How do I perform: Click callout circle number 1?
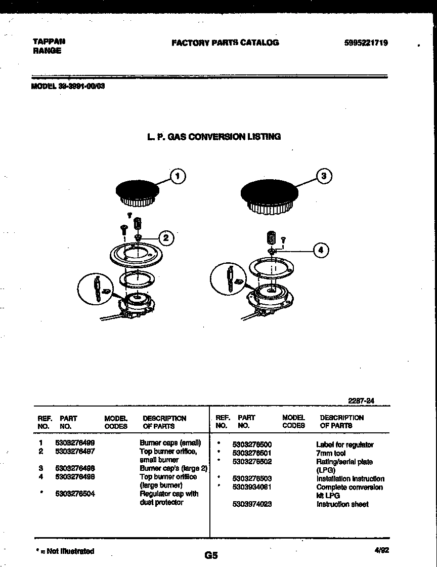tap(177, 176)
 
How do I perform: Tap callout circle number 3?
tap(324, 176)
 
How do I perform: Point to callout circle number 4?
tap(320, 250)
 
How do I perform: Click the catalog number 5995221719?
tap(366, 43)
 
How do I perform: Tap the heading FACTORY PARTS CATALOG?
tap(225, 43)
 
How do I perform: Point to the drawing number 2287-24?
tap(361, 400)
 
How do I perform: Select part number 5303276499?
tap(75, 442)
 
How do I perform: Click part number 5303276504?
tap(75, 494)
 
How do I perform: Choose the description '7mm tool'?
tap(331, 453)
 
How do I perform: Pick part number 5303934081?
tap(252, 487)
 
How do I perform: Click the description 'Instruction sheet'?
tap(342, 504)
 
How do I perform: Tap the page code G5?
tap(211, 555)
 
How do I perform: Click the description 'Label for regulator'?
tap(344, 444)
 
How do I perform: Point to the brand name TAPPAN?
tap(49, 42)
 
